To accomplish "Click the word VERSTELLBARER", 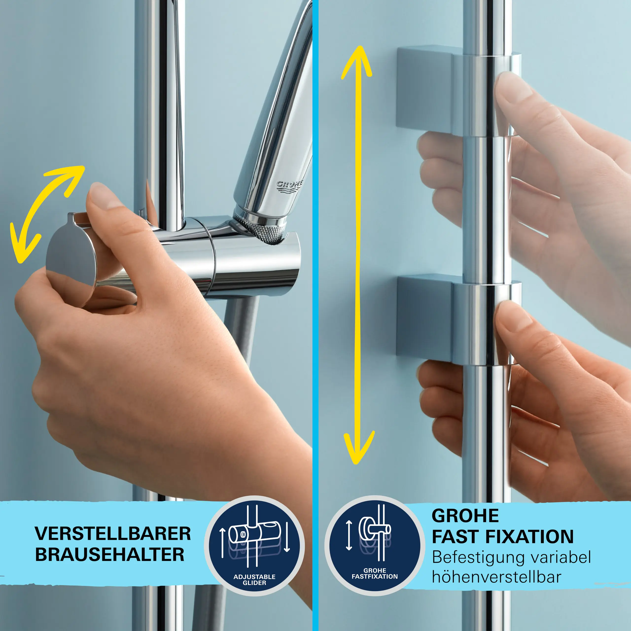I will tap(113, 534).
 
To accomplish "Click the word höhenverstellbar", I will tap(496, 577).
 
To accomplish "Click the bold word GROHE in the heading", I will tap(465, 516).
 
